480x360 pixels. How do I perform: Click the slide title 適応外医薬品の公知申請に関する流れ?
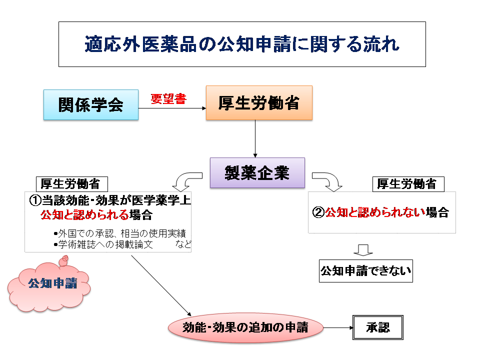tap(242, 44)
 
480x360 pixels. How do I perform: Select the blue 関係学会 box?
tap(91, 104)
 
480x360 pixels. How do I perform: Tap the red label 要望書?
tap(168, 99)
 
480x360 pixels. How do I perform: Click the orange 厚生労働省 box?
tap(259, 102)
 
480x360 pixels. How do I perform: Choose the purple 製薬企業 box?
tap(257, 172)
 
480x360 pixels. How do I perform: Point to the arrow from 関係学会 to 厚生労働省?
tap(172, 107)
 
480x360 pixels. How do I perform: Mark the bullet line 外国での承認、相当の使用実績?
tap(122, 234)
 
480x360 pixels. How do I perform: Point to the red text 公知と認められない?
tap(375, 212)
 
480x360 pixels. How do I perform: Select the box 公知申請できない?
tap(365, 271)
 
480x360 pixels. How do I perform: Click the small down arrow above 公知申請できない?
tap(363, 249)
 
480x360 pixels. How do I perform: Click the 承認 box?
tap(377, 327)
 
